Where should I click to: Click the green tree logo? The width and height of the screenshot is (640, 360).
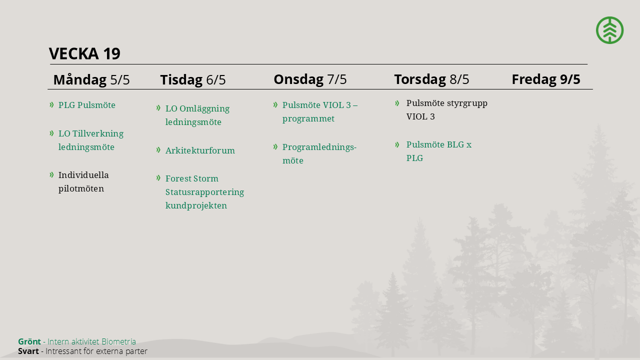click(x=609, y=30)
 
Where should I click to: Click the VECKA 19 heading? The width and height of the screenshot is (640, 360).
click(x=84, y=53)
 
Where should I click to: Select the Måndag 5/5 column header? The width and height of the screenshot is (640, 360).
click(x=91, y=79)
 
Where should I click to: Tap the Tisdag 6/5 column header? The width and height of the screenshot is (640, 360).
click(x=193, y=79)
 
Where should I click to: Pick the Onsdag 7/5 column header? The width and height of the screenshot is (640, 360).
click(x=310, y=79)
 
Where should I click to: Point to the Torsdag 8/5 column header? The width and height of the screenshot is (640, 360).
click(x=431, y=79)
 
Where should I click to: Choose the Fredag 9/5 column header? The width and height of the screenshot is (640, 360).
click(x=546, y=79)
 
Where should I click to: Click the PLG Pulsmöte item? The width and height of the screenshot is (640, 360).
click(x=87, y=105)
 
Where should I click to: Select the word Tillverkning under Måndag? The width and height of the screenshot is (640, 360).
click(x=97, y=133)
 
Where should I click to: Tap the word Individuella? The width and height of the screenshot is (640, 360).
click(x=83, y=175)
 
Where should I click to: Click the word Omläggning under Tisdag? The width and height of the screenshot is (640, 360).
click(x=204, y=109)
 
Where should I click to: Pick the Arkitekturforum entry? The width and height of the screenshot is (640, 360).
click(x=200, y=150)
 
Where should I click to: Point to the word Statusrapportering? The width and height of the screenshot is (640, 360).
click(x=204, y=192)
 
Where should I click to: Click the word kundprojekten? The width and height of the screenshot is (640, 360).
click(x=196, y=205)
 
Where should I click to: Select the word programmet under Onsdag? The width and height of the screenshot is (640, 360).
click(x=308, y=119)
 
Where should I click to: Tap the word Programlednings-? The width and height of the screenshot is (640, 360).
click(x=319, y=147)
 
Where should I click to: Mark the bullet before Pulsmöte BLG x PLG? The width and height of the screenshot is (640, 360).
click(x=397, y=144)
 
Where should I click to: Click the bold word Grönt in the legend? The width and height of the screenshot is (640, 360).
click(x=29, y=341)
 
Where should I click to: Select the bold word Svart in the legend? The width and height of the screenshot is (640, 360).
click(x=28, y=351)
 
